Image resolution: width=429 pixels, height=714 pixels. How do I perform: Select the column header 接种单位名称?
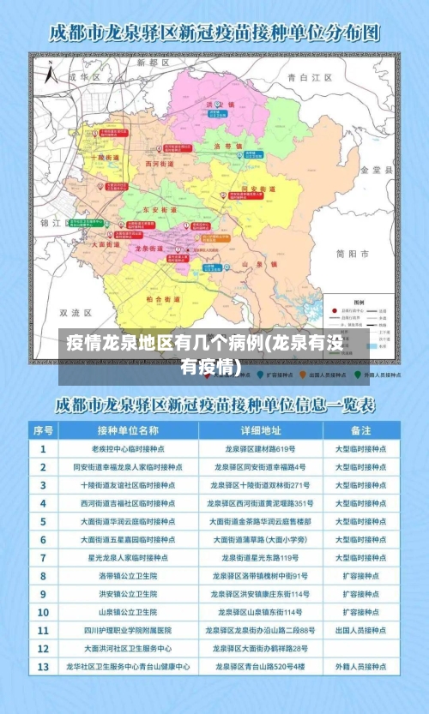(128, 429)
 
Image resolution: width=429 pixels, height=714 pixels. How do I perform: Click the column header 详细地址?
(261, 429)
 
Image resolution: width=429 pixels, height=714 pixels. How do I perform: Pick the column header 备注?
(361, 429)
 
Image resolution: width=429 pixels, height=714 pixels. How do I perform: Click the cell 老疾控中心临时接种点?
(128, 448)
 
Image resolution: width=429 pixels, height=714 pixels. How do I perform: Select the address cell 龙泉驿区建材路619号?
(261, 448)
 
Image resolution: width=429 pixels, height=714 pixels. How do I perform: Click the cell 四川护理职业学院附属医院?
(128, 629)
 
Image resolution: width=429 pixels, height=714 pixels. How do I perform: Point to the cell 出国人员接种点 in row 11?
(361, 629)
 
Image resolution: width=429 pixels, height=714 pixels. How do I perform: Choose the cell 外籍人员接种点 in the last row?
(361, 665)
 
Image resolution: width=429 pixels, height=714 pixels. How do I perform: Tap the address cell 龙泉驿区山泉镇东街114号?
(261, 611)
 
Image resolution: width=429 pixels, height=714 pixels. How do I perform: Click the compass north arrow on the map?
(49, 74)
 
